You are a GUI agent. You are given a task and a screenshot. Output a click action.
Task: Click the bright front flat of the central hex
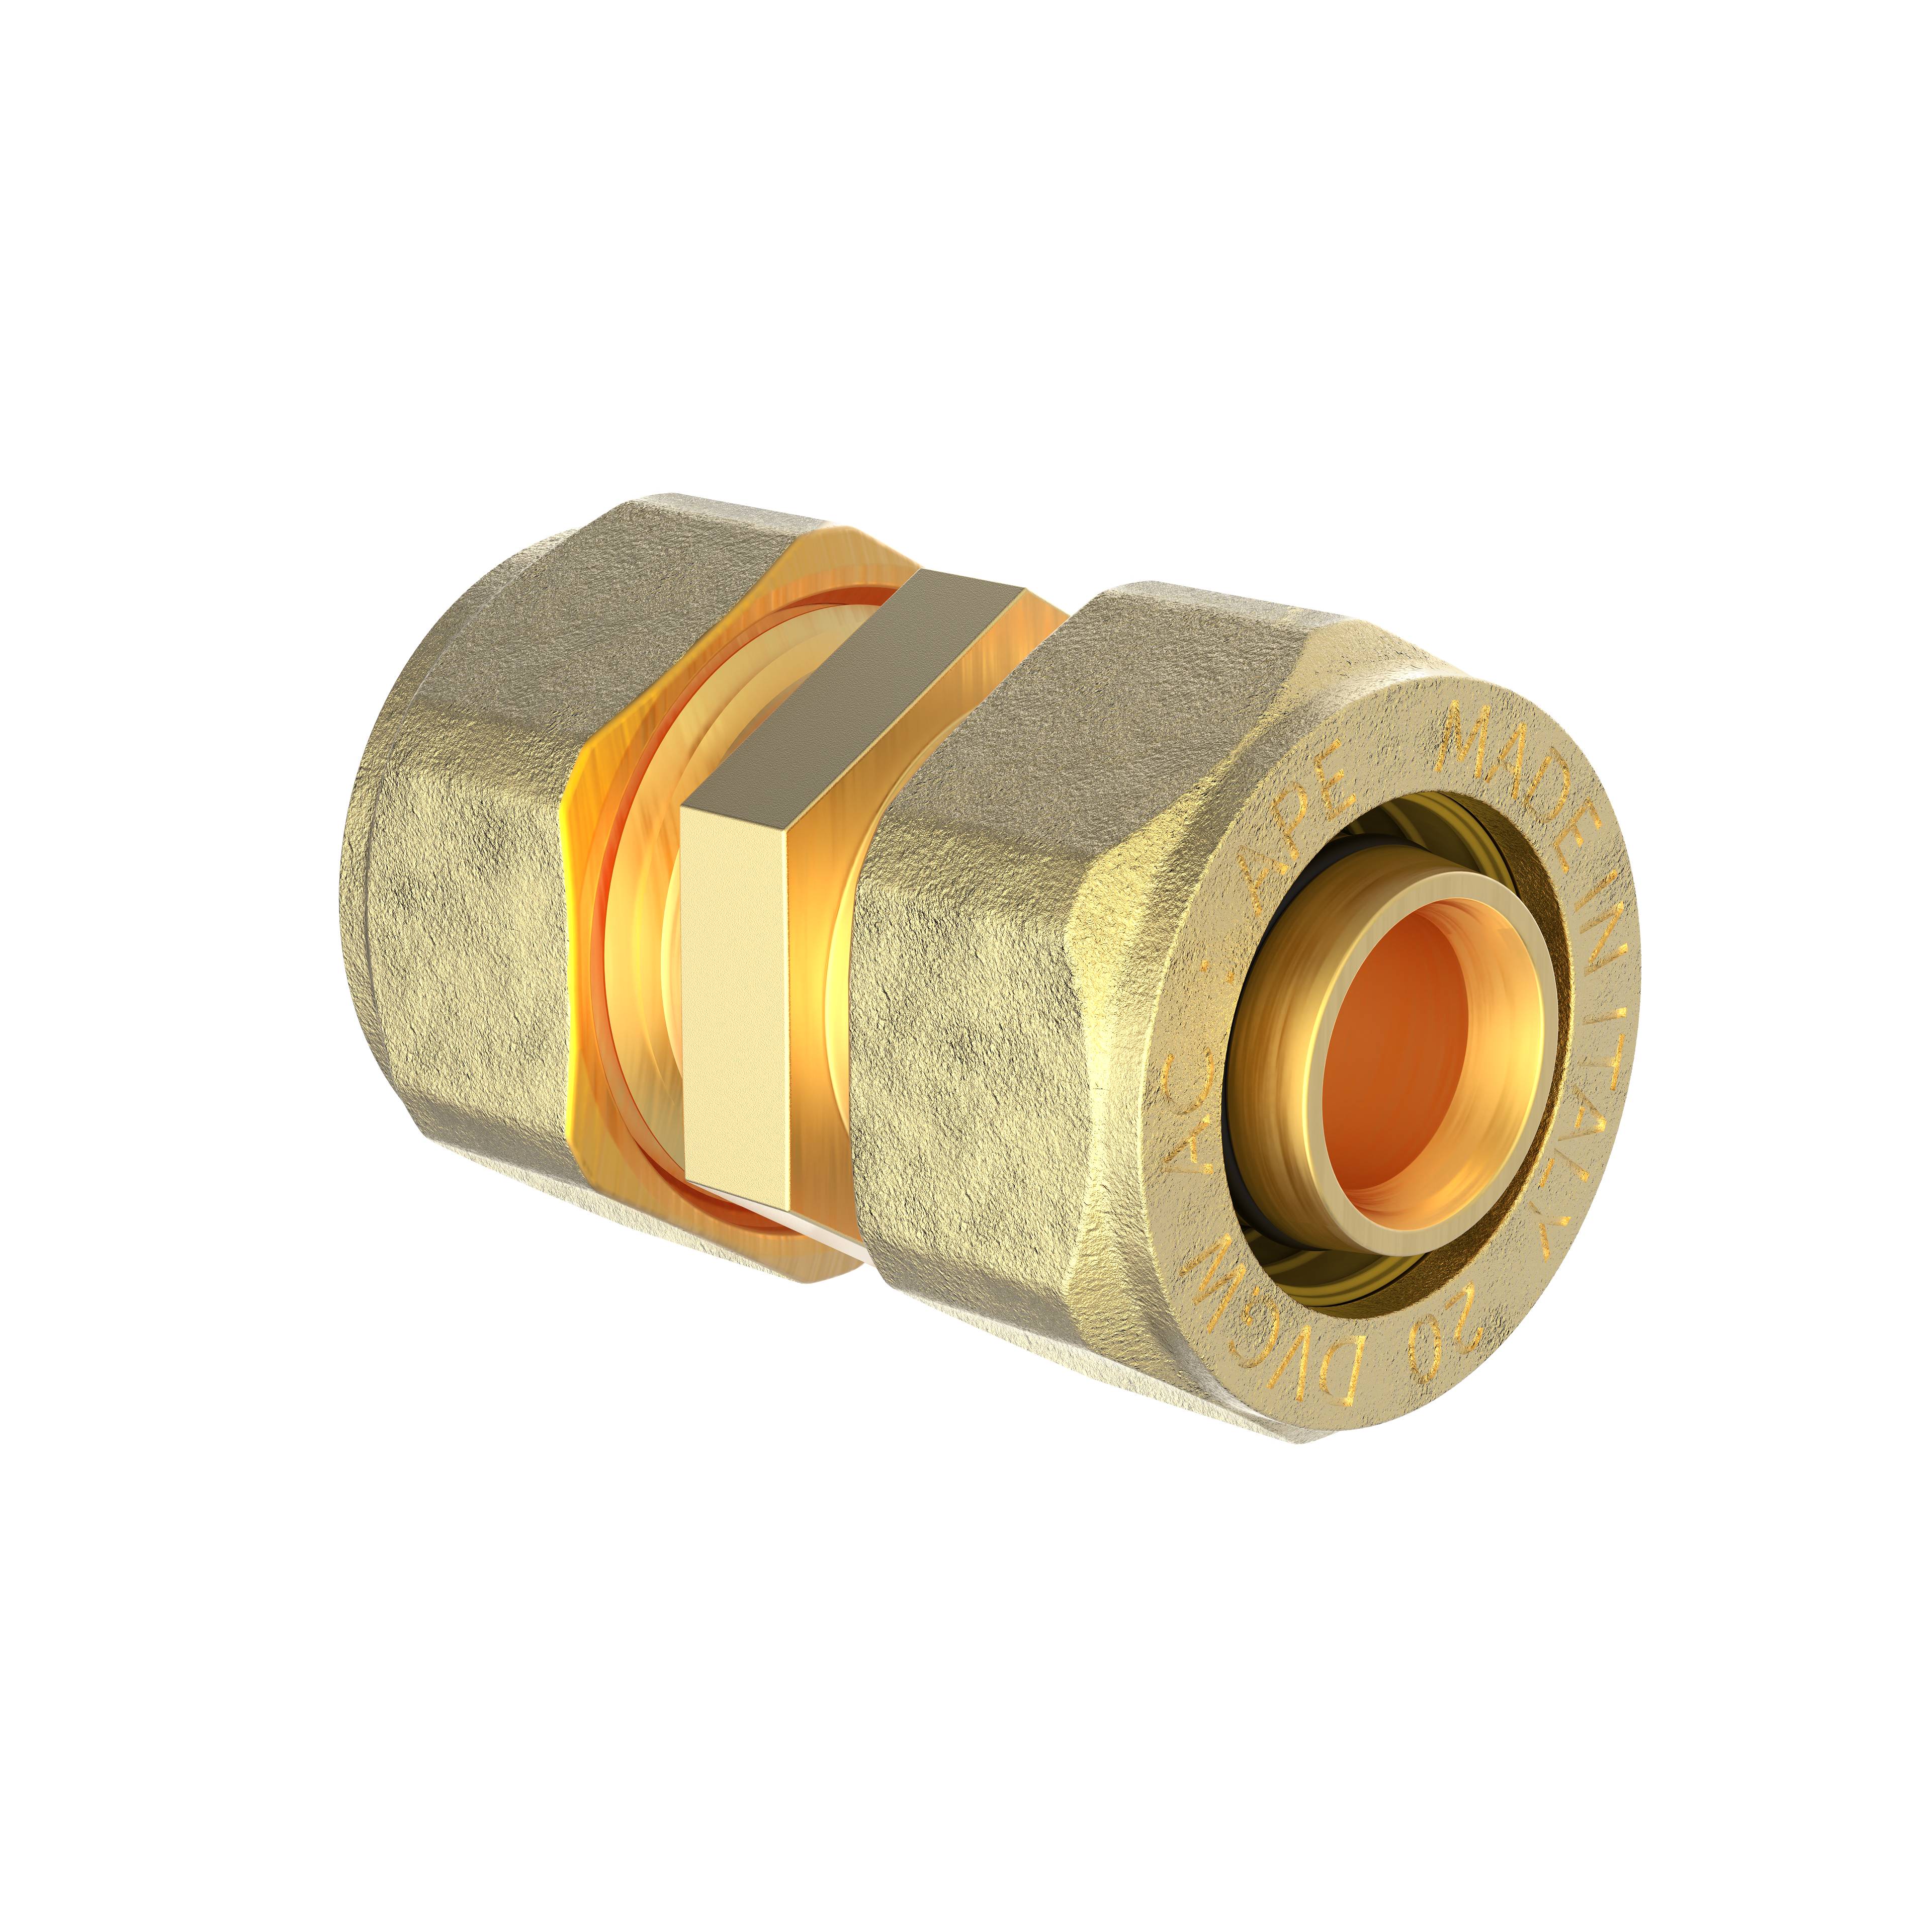point(735,1000)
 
